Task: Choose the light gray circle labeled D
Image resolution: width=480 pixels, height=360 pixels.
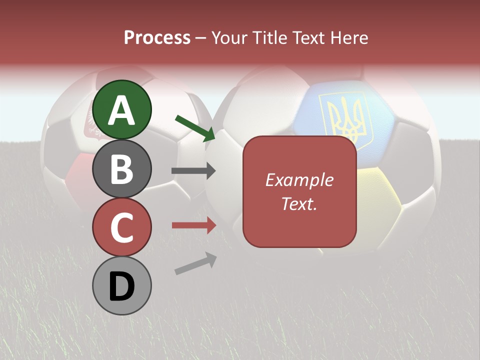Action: tap(122, 285)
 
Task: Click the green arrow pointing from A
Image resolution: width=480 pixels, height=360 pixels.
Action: tap(195, 128)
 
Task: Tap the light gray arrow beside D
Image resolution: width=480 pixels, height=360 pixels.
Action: tap(195, 263)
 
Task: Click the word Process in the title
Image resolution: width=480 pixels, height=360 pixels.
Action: tap(157, 37)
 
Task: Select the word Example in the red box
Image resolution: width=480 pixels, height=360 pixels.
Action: tap(299, 180)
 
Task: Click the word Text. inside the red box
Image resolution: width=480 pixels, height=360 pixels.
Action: tap(299, 203)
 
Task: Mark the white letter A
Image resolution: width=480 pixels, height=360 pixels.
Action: tap(122, 110)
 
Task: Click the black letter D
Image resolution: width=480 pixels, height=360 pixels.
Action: tap(122, 286)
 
